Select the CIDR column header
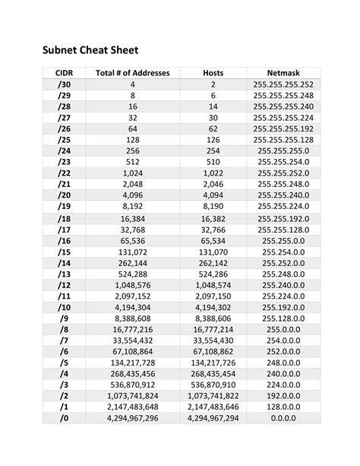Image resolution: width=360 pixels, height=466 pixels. (63, 72)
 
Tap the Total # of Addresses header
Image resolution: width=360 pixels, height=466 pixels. (133, 72)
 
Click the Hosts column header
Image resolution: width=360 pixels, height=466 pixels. (213, 72)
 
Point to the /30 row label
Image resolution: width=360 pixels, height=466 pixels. (63, 84)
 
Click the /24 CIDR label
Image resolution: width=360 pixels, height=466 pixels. (63, 151)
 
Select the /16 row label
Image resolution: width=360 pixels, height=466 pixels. (63, 241)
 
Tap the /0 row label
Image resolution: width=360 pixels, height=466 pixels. (63, 419)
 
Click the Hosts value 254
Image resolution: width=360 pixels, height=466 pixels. (213, 151)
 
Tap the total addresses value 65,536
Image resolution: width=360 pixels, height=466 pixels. (133, 241)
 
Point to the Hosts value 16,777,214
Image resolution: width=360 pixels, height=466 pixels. (213, 330)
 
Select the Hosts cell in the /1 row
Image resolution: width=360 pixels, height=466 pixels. (213, 407)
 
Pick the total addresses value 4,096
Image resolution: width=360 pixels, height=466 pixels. (133, 195)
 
